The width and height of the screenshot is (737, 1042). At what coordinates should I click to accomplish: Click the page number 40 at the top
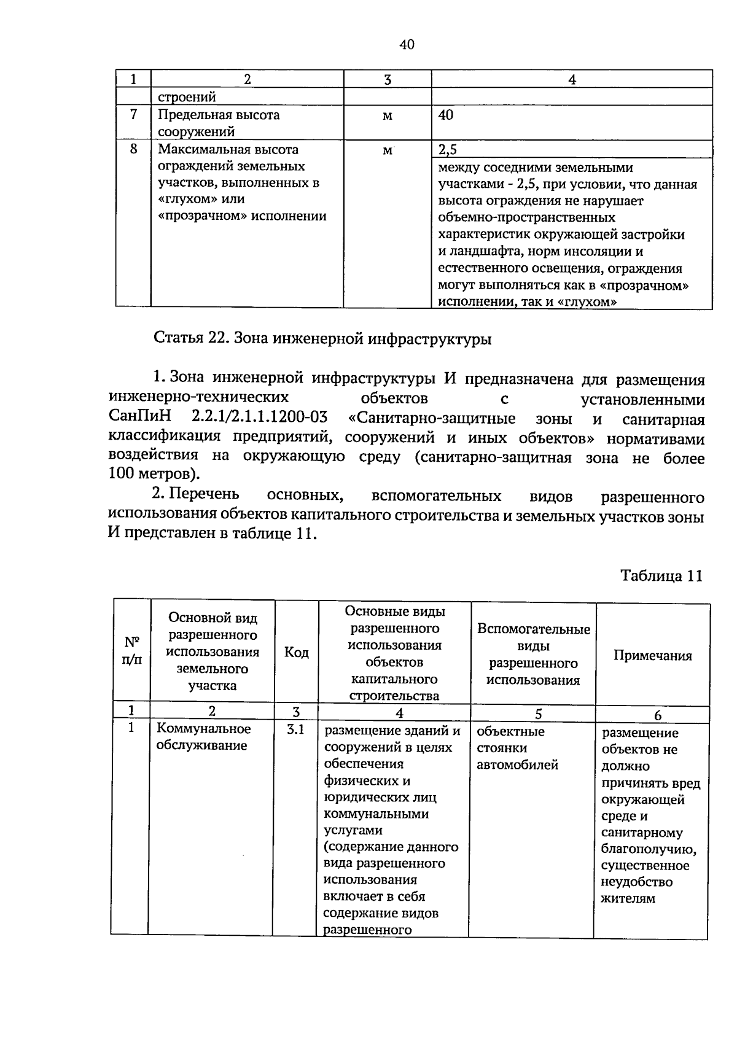(x=407, y=44)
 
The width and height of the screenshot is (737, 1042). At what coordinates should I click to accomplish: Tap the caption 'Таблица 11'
(x=661, y=575)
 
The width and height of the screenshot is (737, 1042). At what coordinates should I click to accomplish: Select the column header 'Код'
(x=296, y=652)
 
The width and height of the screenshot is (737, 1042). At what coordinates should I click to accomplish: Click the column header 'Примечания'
(x=652, y=655)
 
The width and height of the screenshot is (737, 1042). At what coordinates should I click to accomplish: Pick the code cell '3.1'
(x=296, y=731)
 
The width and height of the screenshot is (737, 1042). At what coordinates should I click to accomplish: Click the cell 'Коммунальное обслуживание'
(x=204, y=737)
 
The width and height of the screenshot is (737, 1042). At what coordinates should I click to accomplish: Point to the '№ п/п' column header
(x=131, y=651)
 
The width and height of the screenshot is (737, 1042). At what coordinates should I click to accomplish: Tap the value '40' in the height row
(x=446, y=115)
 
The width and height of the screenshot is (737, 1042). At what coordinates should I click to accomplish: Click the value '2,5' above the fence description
(x=448, y=150)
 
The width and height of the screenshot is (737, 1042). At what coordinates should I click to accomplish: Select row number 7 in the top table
(x=133, y=115)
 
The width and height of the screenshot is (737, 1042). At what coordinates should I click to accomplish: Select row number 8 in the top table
(x=133, y=149)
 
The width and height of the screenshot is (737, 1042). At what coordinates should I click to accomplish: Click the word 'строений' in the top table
(x=187, y=97)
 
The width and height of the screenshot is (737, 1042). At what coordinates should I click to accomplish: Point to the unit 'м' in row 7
(x=387, y=116)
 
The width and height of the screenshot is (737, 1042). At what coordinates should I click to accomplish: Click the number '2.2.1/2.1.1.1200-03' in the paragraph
(x=259, y=419)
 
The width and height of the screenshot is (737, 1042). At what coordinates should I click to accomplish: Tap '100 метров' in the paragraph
(x=154, y=474)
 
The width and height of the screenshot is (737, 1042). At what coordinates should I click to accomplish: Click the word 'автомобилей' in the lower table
(x=517, y=765)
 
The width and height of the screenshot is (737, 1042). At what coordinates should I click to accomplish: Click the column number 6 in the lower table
(x=658, y=715)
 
